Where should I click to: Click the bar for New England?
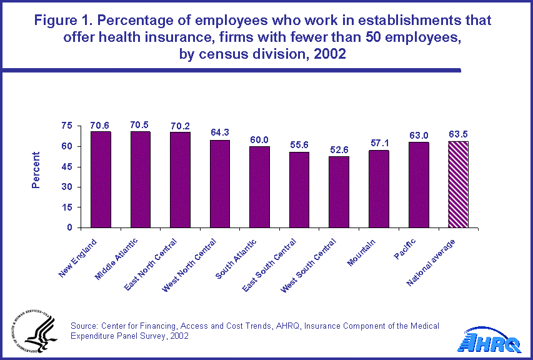(100, 180)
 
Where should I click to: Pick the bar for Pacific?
(419, 185)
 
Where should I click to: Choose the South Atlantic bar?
(259, 187)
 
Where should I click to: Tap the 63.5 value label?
(458, 134)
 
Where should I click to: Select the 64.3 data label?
(219, 132)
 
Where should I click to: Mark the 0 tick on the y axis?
(70, 227)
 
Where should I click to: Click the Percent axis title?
(37, 169)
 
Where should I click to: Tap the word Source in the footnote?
(85, 326)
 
